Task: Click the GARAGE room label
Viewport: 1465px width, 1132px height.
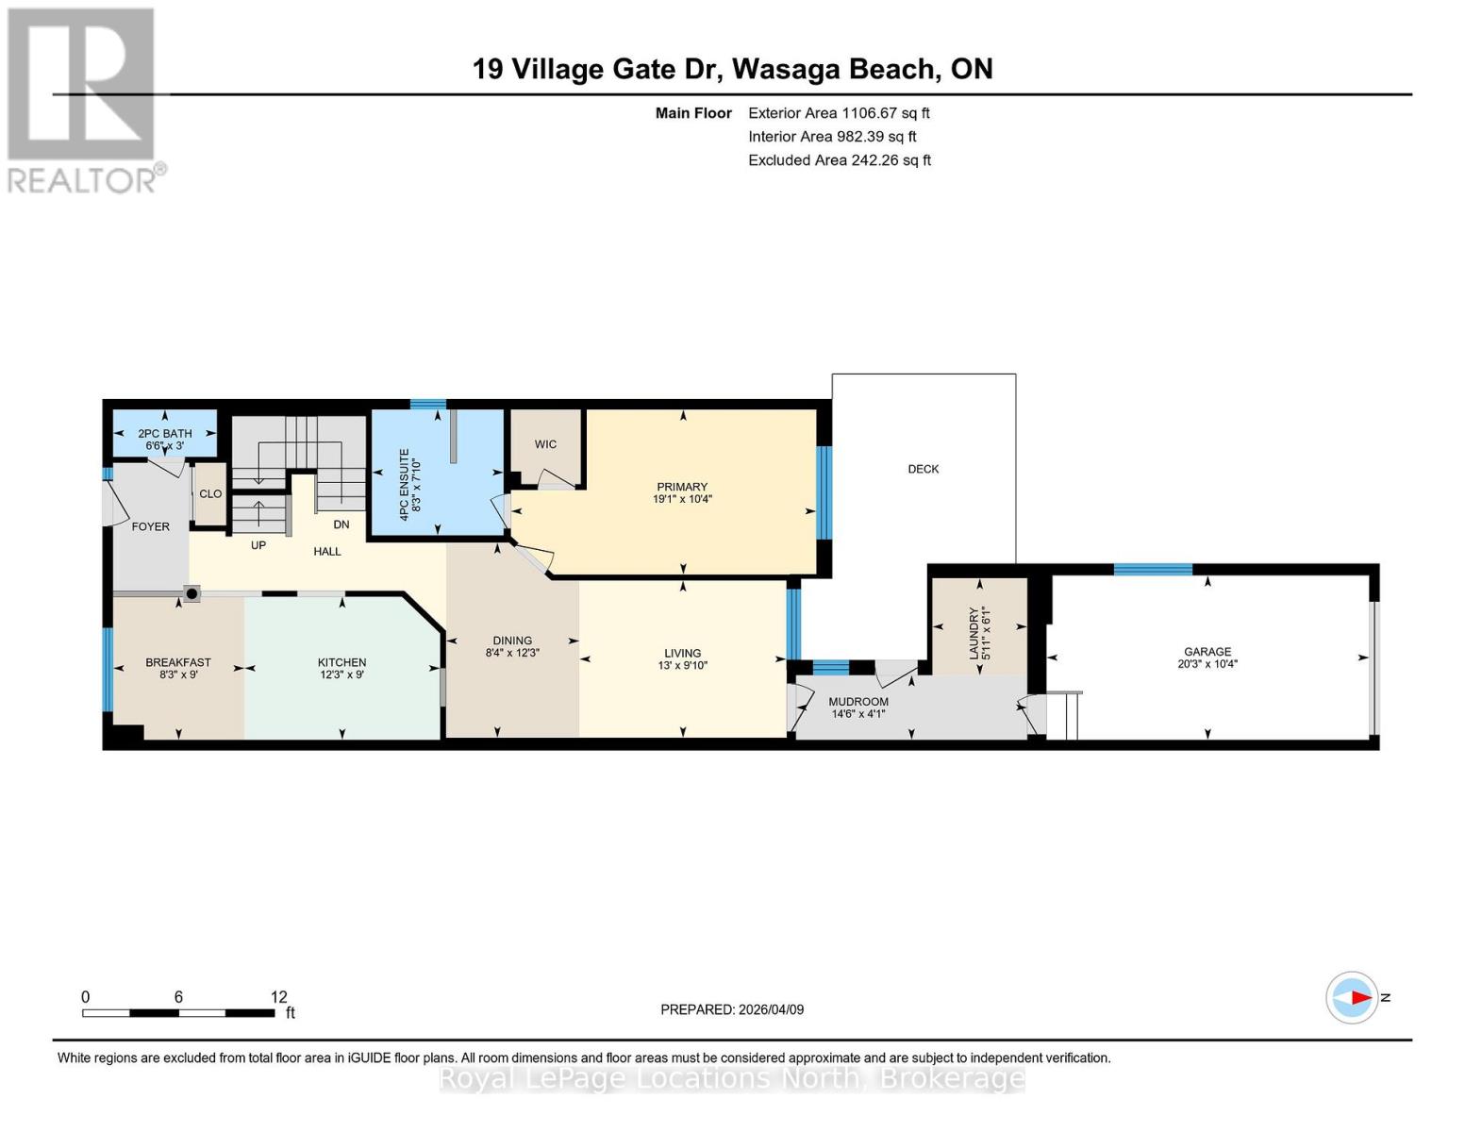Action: coord(1207,651)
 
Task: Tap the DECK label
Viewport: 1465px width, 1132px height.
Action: coord(923,469)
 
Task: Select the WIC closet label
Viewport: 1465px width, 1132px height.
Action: coord(545,444)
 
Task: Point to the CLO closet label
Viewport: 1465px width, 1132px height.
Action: coord(210,494)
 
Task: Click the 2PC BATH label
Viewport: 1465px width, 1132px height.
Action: coord(165,434)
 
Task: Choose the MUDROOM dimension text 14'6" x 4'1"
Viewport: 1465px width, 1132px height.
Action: coord(857,714)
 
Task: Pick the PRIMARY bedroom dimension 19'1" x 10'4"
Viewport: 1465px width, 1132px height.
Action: coord(682,499)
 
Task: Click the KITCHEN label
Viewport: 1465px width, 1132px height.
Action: coord(341,662)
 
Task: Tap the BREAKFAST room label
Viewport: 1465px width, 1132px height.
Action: coord(178,662)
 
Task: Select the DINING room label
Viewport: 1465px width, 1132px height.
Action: coord(512,641)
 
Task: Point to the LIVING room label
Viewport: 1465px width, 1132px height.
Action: coord(682,653)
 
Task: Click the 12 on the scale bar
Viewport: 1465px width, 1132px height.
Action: coord(278,997)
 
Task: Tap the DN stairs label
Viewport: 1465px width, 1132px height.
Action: coord(341,524)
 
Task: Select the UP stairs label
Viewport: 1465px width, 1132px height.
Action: coord(258,545)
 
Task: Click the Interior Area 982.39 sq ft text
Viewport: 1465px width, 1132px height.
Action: coord(832,137)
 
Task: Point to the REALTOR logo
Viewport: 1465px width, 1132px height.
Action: coord(83,99)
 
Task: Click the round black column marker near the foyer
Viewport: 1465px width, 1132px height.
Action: coord(192,593)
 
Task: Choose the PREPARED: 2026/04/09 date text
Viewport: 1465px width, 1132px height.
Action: coord(732,1009)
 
